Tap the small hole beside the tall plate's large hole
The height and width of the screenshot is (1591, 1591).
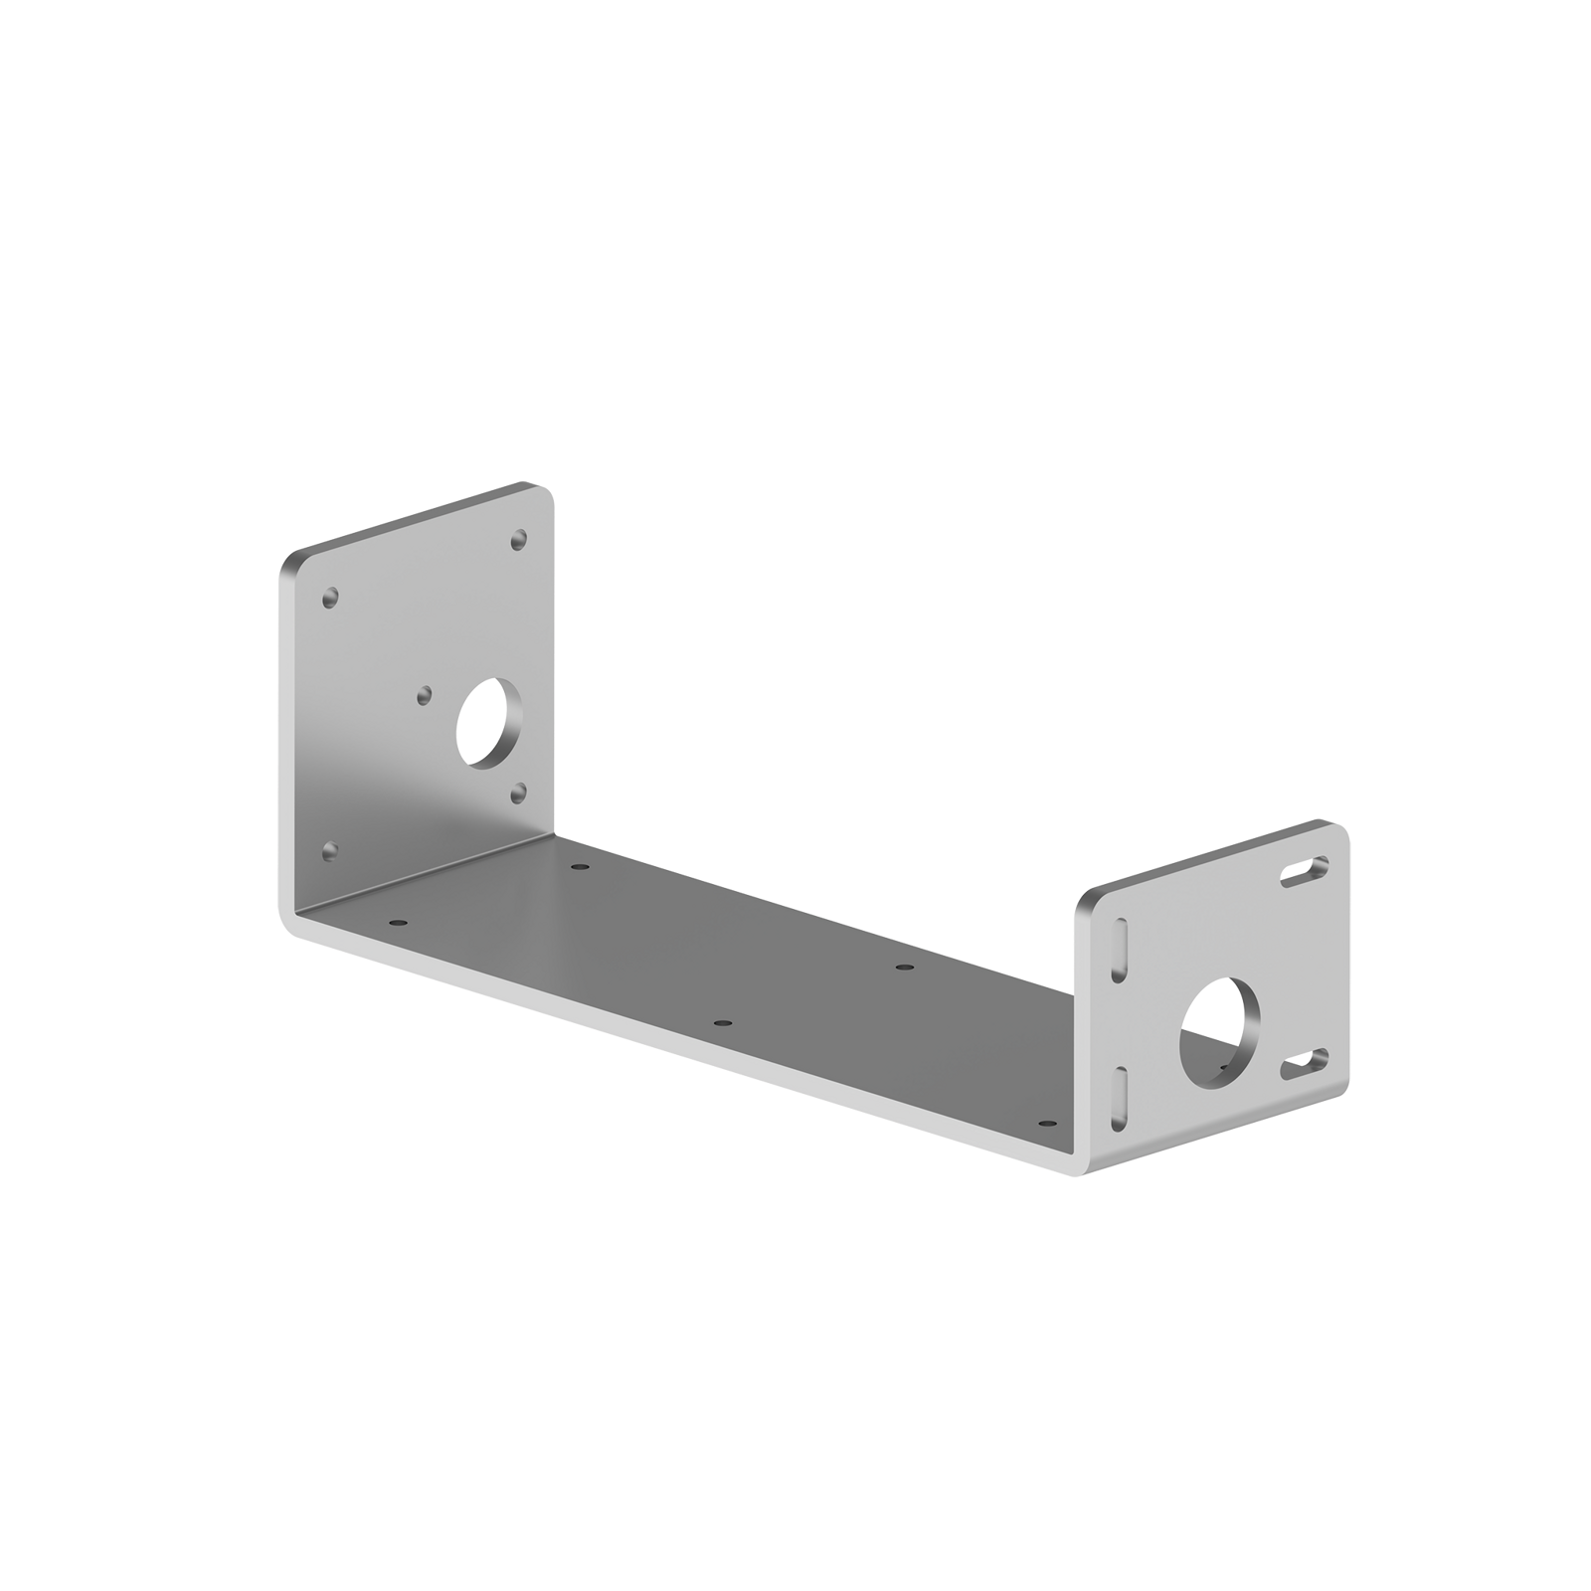point(426,693)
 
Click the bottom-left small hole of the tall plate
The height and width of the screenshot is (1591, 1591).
point(331,851)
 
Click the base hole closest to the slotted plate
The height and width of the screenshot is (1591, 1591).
point(1045,1123)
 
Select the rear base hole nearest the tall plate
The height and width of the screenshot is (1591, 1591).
point(579,867)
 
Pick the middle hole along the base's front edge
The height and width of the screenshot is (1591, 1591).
point(723,1022)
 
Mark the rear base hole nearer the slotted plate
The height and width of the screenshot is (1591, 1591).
point(902,967)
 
